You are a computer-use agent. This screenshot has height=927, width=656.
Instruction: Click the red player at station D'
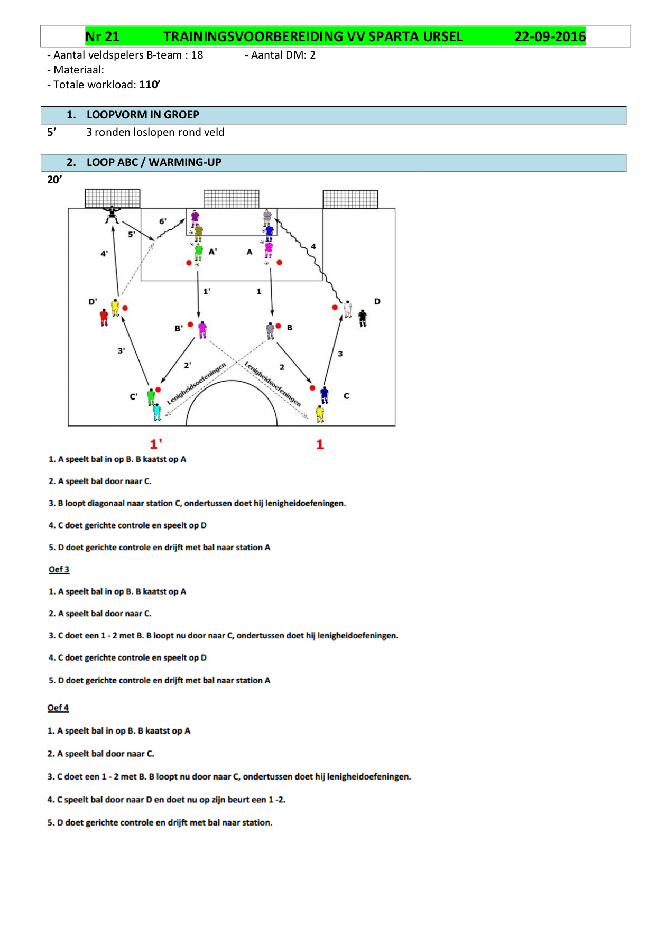(104, 317)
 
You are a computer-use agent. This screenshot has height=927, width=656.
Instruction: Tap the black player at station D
(363, 318)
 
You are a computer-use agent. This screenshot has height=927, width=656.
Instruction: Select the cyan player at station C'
(157, 412)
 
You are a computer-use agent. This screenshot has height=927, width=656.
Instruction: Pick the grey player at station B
(271, 330)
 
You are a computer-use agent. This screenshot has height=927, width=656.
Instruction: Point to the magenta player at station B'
(202, 329)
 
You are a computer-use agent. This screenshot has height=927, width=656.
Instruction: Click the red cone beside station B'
(191, 325)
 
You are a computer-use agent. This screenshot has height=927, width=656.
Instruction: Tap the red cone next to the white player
(335, 307)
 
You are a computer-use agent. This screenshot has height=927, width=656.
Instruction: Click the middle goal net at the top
(232, 199)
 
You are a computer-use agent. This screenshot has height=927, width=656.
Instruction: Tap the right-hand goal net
(350, 199)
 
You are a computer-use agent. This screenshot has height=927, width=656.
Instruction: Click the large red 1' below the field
(156, 444)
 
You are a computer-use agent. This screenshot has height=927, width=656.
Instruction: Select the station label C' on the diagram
(134, 396)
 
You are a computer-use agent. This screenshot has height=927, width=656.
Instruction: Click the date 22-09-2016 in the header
(550, 36)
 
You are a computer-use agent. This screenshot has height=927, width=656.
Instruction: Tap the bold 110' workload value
(150, 85)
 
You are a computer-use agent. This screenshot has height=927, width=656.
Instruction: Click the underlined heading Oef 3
(59, 569)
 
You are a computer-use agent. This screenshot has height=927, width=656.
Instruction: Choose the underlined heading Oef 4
(58, 708)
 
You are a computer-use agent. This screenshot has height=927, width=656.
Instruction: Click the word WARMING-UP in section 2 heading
(185, 162)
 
